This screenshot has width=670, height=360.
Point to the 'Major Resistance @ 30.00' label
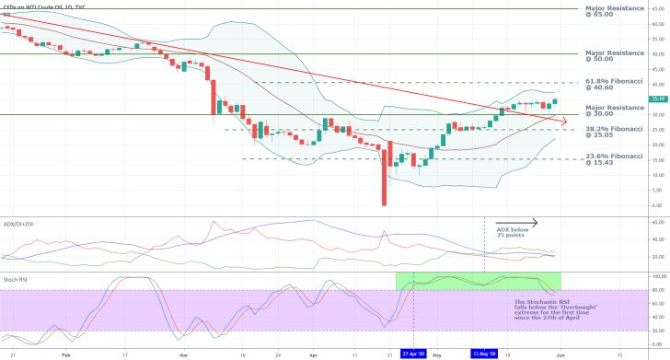(x=608, y=111)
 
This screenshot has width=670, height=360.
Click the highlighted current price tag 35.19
(x=656, y=99)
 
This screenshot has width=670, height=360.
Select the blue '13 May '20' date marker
(x=485, y=353)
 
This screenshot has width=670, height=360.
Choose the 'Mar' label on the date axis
(x=183, y=353)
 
